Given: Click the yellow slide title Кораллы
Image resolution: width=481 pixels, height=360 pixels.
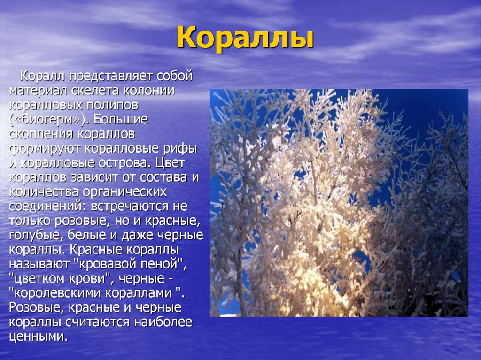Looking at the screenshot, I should click(x=245, y=39).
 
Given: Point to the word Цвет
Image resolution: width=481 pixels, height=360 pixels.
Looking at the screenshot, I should click(x=173, y=163).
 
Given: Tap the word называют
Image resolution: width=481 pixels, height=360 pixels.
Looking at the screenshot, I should click(x=39, y=264).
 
